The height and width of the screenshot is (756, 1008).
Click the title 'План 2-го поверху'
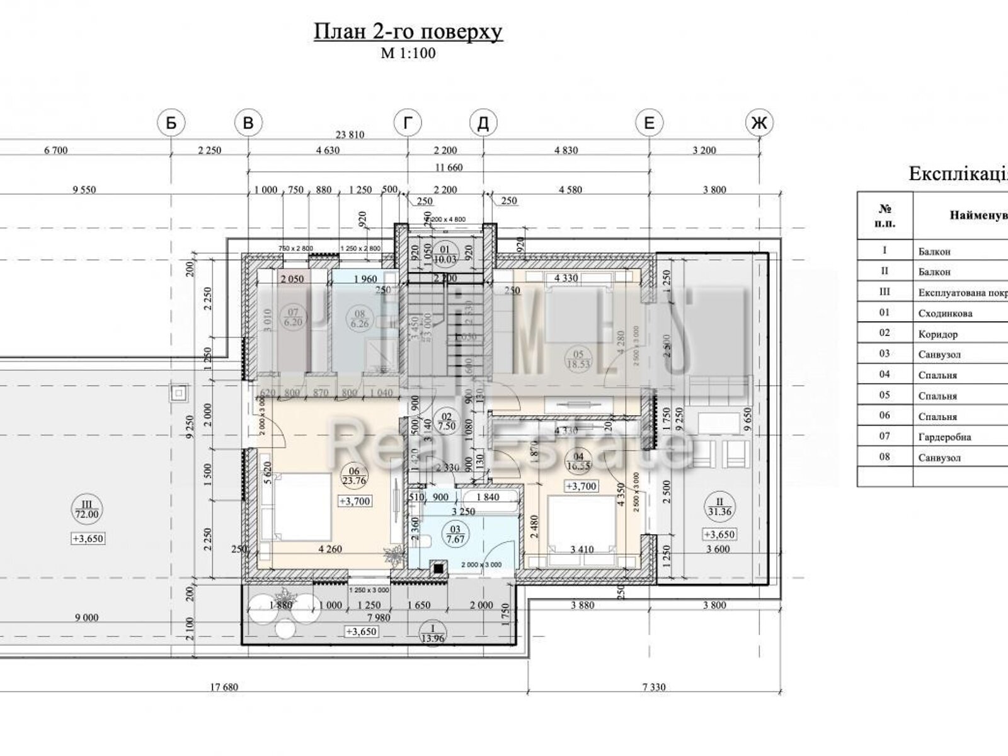click(408, 31)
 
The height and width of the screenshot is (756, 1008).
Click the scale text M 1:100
click(408, 54)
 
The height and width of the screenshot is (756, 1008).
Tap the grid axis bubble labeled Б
click(171, 123)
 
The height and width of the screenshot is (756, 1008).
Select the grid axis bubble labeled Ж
click(760, 123)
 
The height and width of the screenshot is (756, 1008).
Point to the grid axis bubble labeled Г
click(408, 123)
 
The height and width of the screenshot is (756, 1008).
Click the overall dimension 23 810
click(350, 135)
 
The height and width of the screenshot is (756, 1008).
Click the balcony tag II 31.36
click(719, 507)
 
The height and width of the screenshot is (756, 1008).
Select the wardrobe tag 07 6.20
click(292, 317)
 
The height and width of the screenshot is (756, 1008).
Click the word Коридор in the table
click(937, 334)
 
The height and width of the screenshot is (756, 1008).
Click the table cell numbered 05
click(885, 396)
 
